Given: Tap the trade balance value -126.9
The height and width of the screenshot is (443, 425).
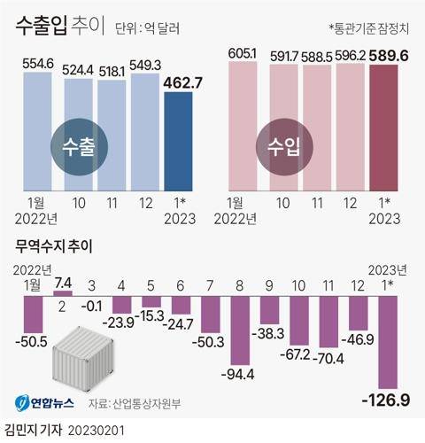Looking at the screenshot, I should [385, 401].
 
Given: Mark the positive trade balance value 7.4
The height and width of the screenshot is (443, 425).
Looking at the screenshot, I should [63, 284].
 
